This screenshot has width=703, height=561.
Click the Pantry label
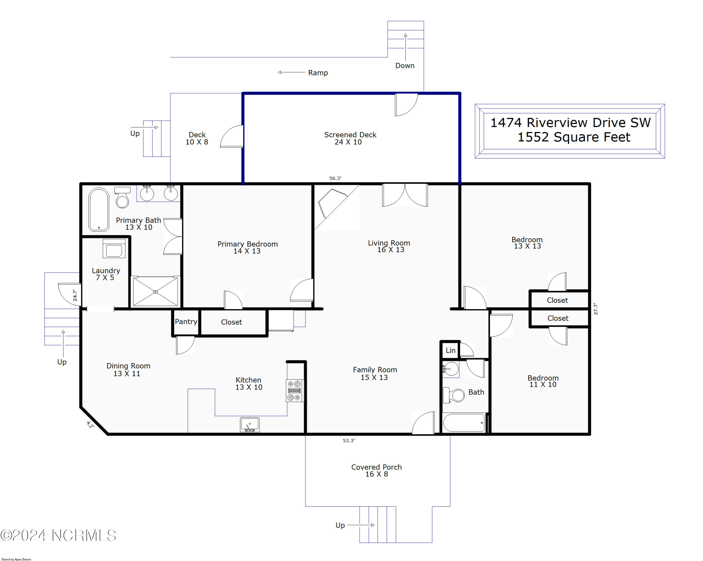(186, 322)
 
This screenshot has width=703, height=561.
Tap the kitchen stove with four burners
(294, 390)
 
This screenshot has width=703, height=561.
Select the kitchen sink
(250, 425)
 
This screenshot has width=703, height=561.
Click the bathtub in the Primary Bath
(99, 209)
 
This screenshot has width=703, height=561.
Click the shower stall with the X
(156, 292)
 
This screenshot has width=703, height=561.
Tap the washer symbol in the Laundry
(114, 248)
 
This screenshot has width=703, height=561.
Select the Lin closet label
(450, 350)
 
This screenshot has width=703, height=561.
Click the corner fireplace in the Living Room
(333, 203)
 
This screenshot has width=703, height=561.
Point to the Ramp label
(318, 73)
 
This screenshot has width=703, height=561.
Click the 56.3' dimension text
(335, 178)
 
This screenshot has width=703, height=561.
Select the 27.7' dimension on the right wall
(595, 309)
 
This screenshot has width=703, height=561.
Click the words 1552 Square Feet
(574, 137)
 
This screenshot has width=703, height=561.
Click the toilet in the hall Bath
(454, 395)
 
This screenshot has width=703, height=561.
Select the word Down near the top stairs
(405, 66)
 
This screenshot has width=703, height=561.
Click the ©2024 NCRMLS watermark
(58, 535)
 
